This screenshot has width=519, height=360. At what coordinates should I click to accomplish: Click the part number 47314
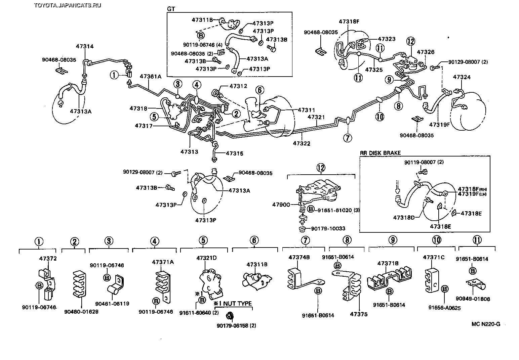coord(85,47)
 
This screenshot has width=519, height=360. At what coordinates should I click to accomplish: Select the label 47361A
coord(151,77)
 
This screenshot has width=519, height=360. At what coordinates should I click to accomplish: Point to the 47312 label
coord(238,86)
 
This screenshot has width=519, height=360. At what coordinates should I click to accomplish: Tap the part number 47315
coord(234,153)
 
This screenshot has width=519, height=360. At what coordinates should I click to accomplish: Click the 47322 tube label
coord(301,143)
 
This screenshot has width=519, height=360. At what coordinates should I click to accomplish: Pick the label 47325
coord(374,70)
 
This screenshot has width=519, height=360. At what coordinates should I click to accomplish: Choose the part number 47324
coord(462,77)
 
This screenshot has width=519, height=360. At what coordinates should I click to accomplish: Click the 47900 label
coord(281,204)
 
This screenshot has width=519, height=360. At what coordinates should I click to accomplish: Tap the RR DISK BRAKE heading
coord(380,153)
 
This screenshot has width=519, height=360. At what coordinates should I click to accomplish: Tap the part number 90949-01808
coord(477,299)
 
